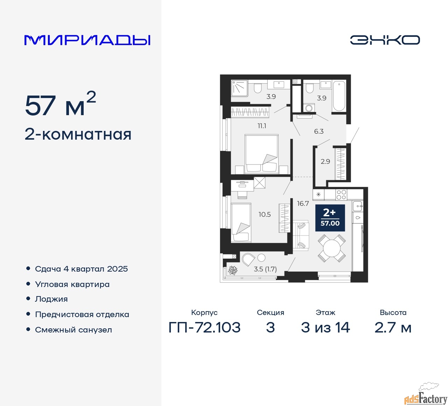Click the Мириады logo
click(87, 40)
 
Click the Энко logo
click(385, 40)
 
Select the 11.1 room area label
click(262, 126)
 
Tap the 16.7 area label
click(303, 204)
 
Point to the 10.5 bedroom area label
click(265, 215)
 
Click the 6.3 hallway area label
click(318, 132)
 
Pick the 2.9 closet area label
click(325, 162)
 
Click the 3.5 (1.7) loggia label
click(265, 269)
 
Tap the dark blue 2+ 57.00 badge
click(330, 218)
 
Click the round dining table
click(331, 248)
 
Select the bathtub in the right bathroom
click(339, 96)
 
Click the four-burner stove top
click(341, 195)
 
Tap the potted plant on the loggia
click(232, 270)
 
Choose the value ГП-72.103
click(204, 328)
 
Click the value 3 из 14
click(325, 328)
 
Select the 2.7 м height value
click(393, 328)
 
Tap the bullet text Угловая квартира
click(72, 284)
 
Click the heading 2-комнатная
click(78, 134)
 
